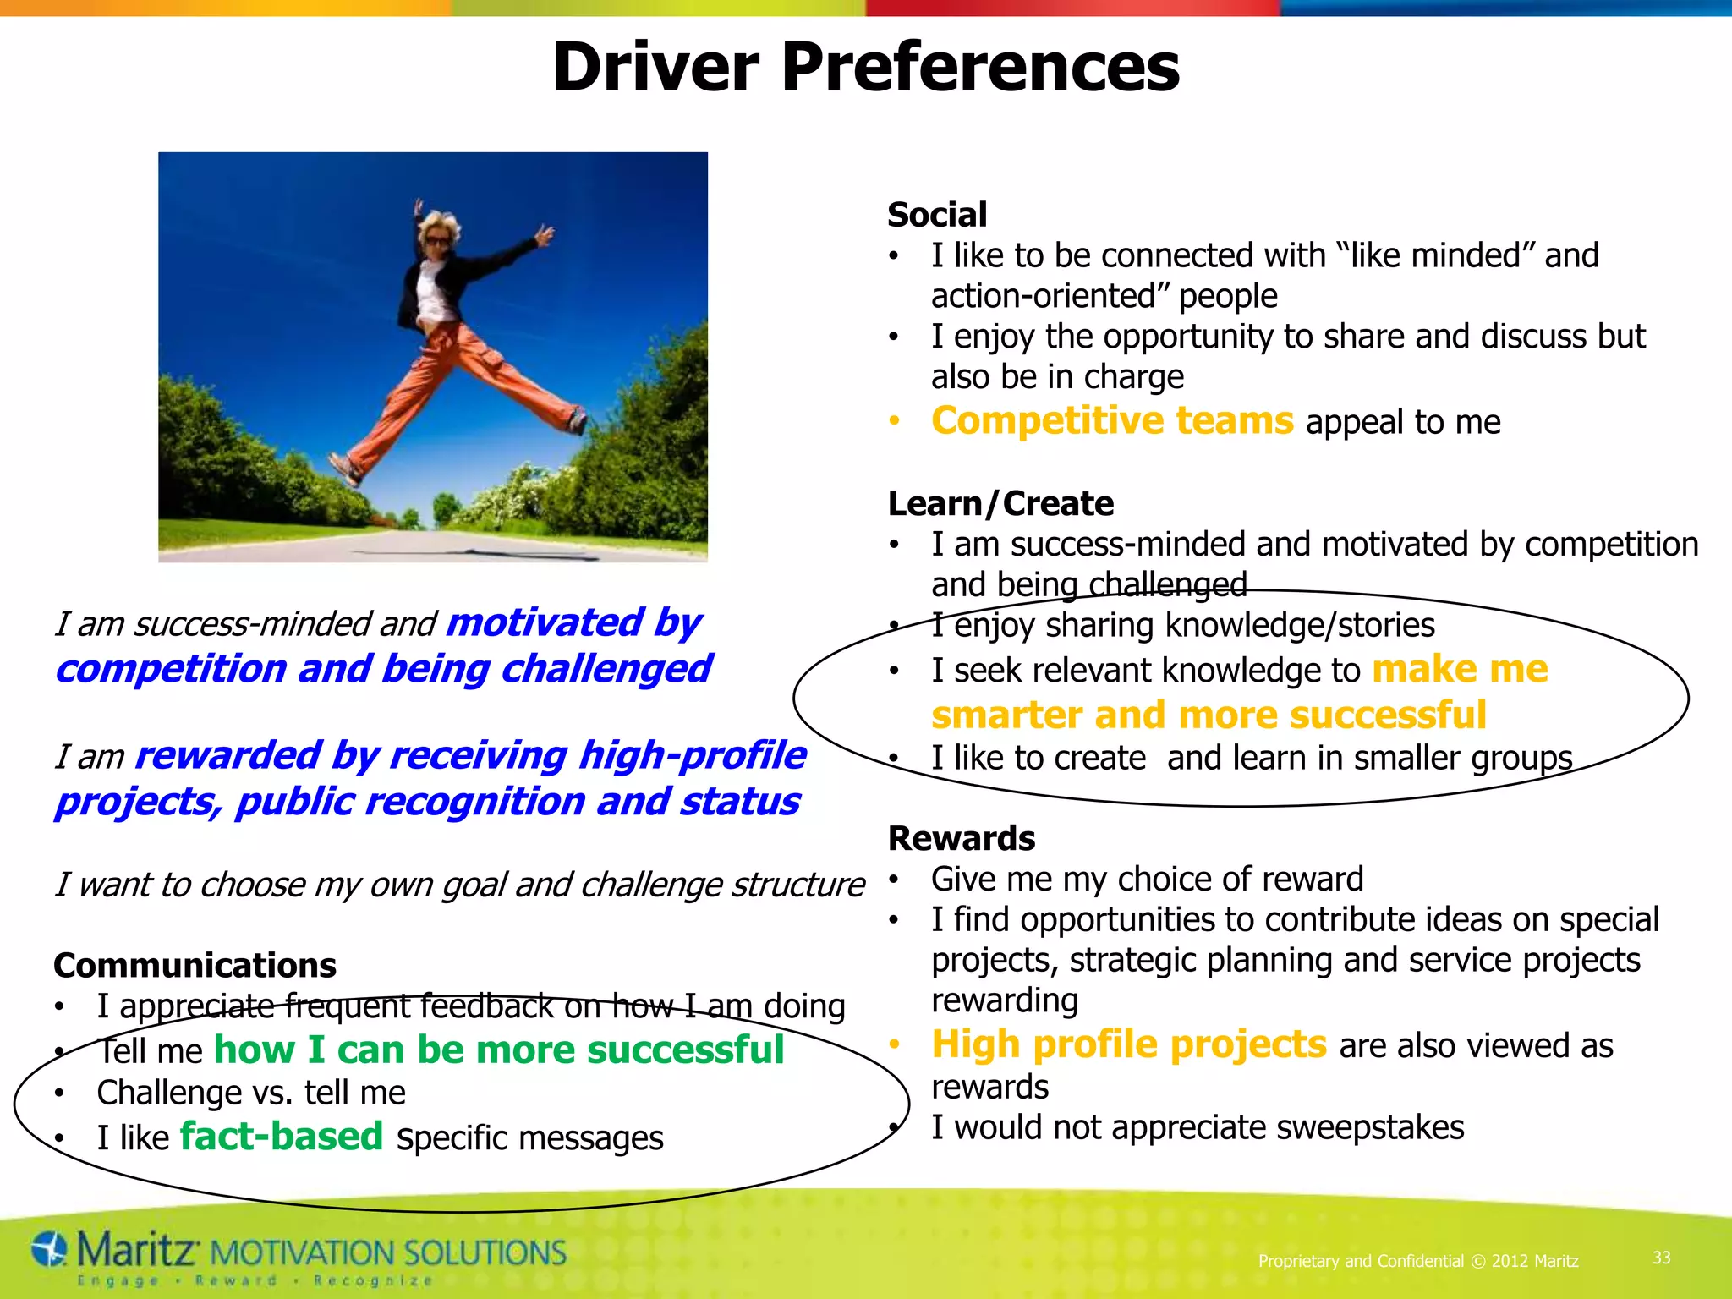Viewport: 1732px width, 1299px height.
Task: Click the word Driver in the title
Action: pyautogui.click(x=656, y=68)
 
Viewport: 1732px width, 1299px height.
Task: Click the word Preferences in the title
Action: pyautogui.click(x=980, y=68)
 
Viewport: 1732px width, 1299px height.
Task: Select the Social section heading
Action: pyautogui.click(x=937, y=215)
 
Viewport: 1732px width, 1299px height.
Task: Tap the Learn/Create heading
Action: pyautogui.click(x=1000, y=504)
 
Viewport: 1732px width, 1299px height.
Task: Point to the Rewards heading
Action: pyautogui.click(x=962, y=839)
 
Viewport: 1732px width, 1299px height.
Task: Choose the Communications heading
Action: pyautogui.click(x=195, y=966)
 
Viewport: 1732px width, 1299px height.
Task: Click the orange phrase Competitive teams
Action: pyautogui.click(x=1112, y=421)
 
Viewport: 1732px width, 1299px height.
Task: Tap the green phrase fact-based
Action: pyautogui.click(x=282, y=1137)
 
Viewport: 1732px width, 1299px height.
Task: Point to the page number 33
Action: pyautogui.click(x=1662, y=1258)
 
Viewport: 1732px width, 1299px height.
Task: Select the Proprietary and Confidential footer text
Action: pyautogui.click(x=1418, y=1261)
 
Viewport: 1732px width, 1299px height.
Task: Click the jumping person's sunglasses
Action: pyautogui.click(x=437, y=241)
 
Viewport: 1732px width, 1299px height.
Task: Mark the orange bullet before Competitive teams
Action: pyautogui.click(x=895, y=421)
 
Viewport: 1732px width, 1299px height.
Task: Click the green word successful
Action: pyautogui.click(x=686, y=1050)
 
